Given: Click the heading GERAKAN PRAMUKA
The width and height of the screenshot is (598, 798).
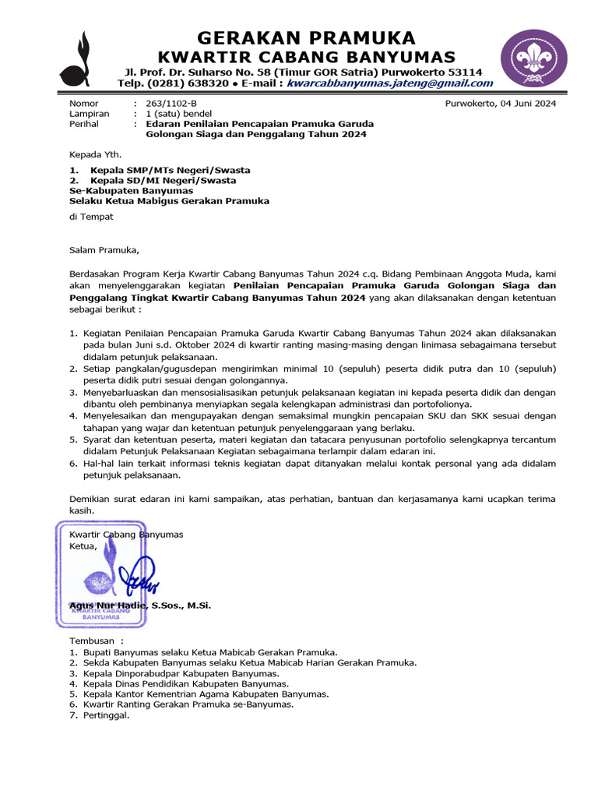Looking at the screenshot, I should click(x=306, y=38).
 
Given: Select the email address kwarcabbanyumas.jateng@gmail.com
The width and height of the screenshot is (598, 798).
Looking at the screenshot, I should click(x=389, y=84).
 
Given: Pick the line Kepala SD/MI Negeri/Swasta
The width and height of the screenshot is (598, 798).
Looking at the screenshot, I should click(x=163, y=180).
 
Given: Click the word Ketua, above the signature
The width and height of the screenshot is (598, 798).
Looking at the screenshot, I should click(x=83, y=546).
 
